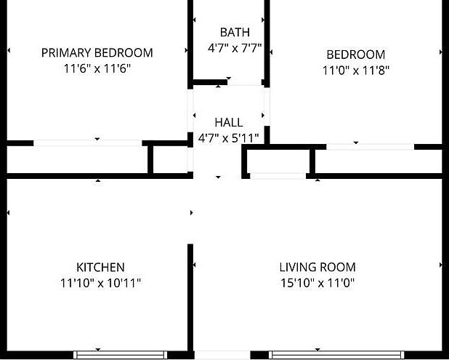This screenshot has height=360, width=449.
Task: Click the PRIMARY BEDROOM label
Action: coord(97,53)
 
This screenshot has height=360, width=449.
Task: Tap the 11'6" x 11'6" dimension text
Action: coord(97,69)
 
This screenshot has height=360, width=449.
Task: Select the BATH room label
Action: coord(235,32)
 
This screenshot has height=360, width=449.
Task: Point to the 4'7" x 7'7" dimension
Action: coord(235,48)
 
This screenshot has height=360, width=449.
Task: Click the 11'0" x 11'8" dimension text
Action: coord(356,71)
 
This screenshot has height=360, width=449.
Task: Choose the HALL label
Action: coord(229,122)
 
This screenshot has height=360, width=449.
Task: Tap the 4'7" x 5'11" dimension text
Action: coord(229,138)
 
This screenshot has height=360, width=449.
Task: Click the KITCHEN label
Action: coord(100,268)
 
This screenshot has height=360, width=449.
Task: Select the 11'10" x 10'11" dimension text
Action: coord(100,283)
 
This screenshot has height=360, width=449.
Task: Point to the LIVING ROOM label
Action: coord(317,267)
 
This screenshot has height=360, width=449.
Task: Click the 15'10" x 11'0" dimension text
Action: coord(317,283)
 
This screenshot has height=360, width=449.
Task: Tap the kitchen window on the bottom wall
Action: coord(121,355)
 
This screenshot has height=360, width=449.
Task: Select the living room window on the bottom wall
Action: coord(336,355)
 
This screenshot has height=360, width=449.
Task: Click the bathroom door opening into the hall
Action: coord(245,83)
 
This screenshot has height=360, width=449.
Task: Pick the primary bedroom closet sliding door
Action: coord(88,143)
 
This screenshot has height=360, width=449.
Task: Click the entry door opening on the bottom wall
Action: coord(222,355)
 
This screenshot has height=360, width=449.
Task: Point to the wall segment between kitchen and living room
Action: coord(190,297)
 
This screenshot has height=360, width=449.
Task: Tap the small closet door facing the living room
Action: coord(278,176)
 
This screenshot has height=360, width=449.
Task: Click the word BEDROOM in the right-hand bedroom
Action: coord(356,55)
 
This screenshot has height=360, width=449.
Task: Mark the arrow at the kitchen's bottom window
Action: coord(98,349)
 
